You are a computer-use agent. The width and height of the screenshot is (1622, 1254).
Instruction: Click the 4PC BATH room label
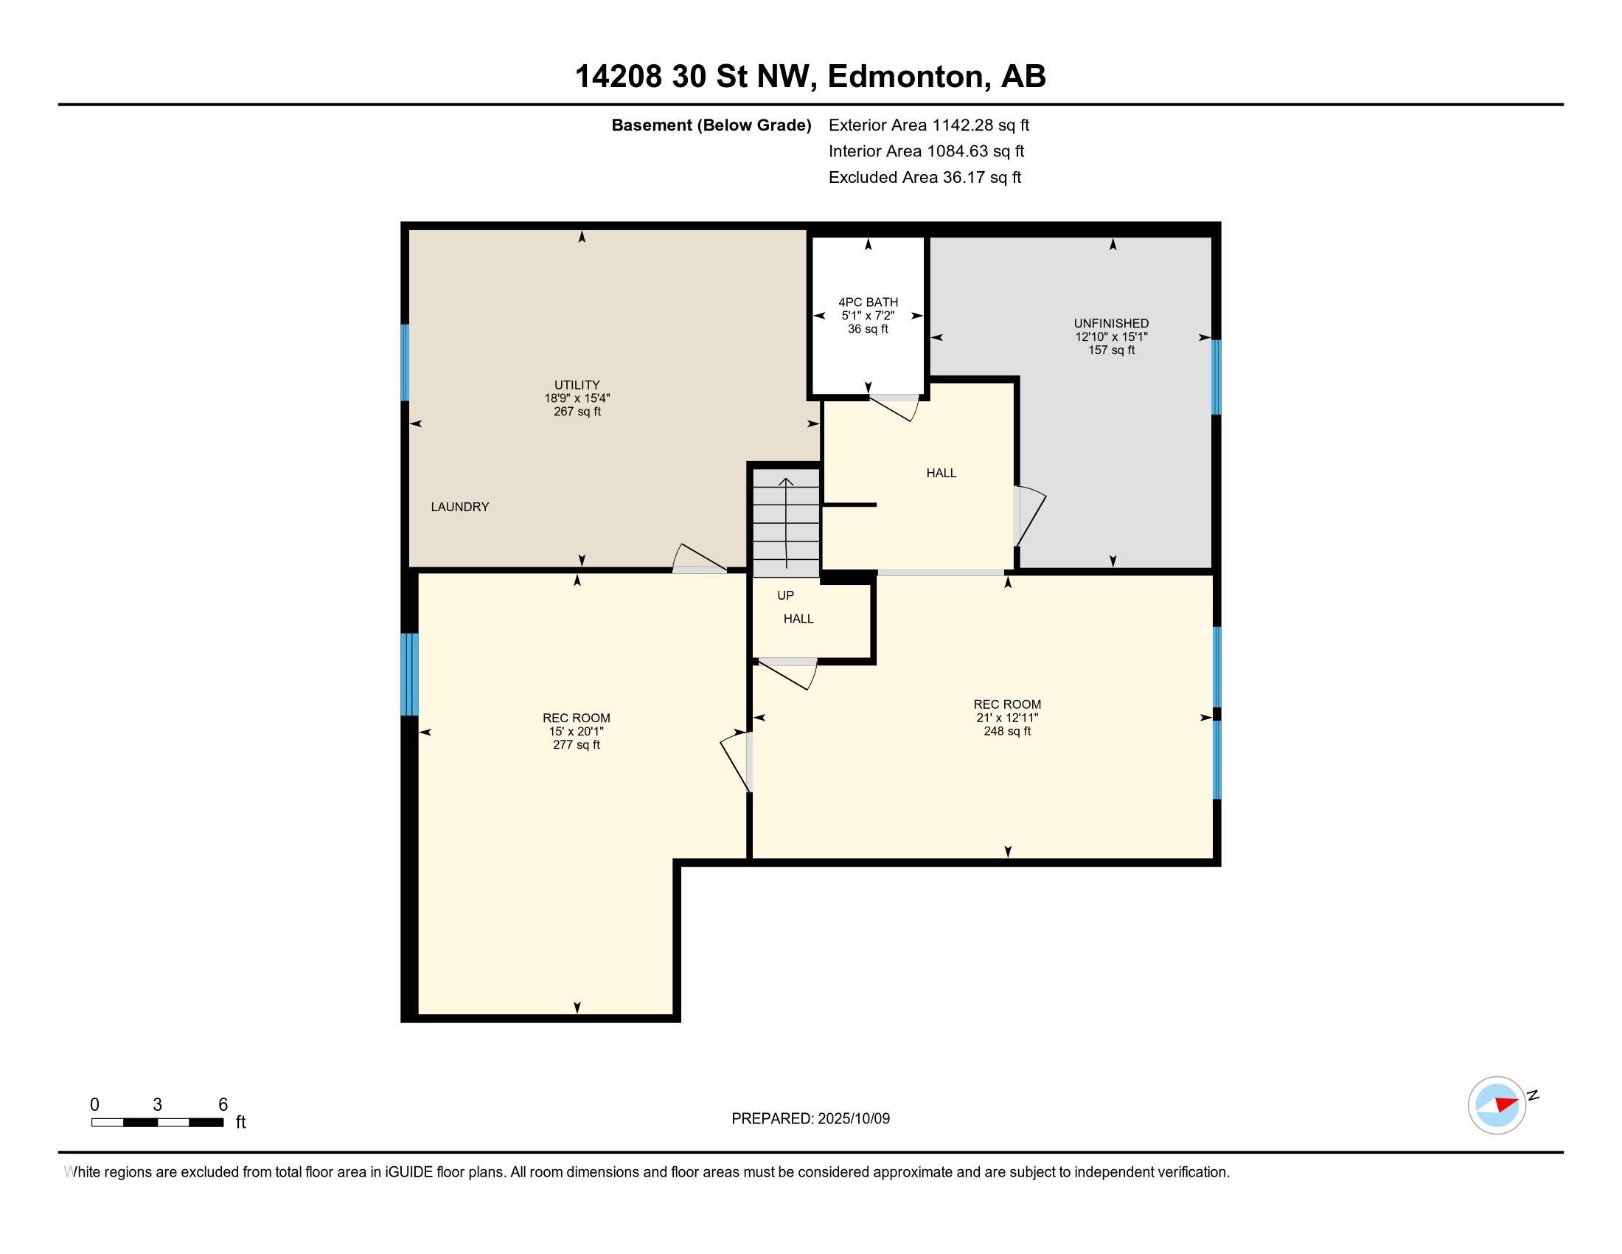(x=868, y=302)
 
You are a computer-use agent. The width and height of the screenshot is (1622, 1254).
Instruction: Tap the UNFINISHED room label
(x=1111, y=323)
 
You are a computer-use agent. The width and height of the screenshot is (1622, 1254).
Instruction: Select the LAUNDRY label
(x=460, y=507)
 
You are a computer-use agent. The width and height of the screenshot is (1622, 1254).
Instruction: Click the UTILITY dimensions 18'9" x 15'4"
(x=577, y=398)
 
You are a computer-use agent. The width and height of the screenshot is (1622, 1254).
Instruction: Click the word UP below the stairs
(x=785, y=595)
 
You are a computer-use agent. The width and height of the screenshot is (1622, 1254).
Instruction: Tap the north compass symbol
(x=1497, y=1105)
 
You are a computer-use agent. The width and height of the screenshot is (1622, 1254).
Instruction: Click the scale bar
(x=158, y=1122)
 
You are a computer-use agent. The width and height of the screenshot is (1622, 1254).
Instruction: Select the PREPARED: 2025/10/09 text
(x=810, y=1118)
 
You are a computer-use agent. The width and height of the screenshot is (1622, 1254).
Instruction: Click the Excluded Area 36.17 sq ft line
(x=925, y=178)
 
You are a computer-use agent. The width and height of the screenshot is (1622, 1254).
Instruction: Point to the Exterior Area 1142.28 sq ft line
(x=928, y=125)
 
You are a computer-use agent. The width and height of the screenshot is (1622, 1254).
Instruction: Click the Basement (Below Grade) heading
(x=711, y=125)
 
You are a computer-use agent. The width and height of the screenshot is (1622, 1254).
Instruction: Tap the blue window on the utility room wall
(x=405, y=362)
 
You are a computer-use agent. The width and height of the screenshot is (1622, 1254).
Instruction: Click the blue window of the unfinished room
(x=1216, y=377)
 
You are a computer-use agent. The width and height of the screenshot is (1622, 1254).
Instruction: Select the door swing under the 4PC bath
(x=896, y=407)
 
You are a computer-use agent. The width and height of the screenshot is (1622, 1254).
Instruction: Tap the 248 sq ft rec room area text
(x=1007, y=731)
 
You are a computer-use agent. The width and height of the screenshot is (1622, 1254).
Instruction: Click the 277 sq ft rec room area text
(x=577, y=744)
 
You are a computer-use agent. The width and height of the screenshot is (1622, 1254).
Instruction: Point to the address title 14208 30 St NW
(x=810, y=76)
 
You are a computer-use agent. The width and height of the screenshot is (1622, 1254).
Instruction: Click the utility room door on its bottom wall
(x=699, y=559)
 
